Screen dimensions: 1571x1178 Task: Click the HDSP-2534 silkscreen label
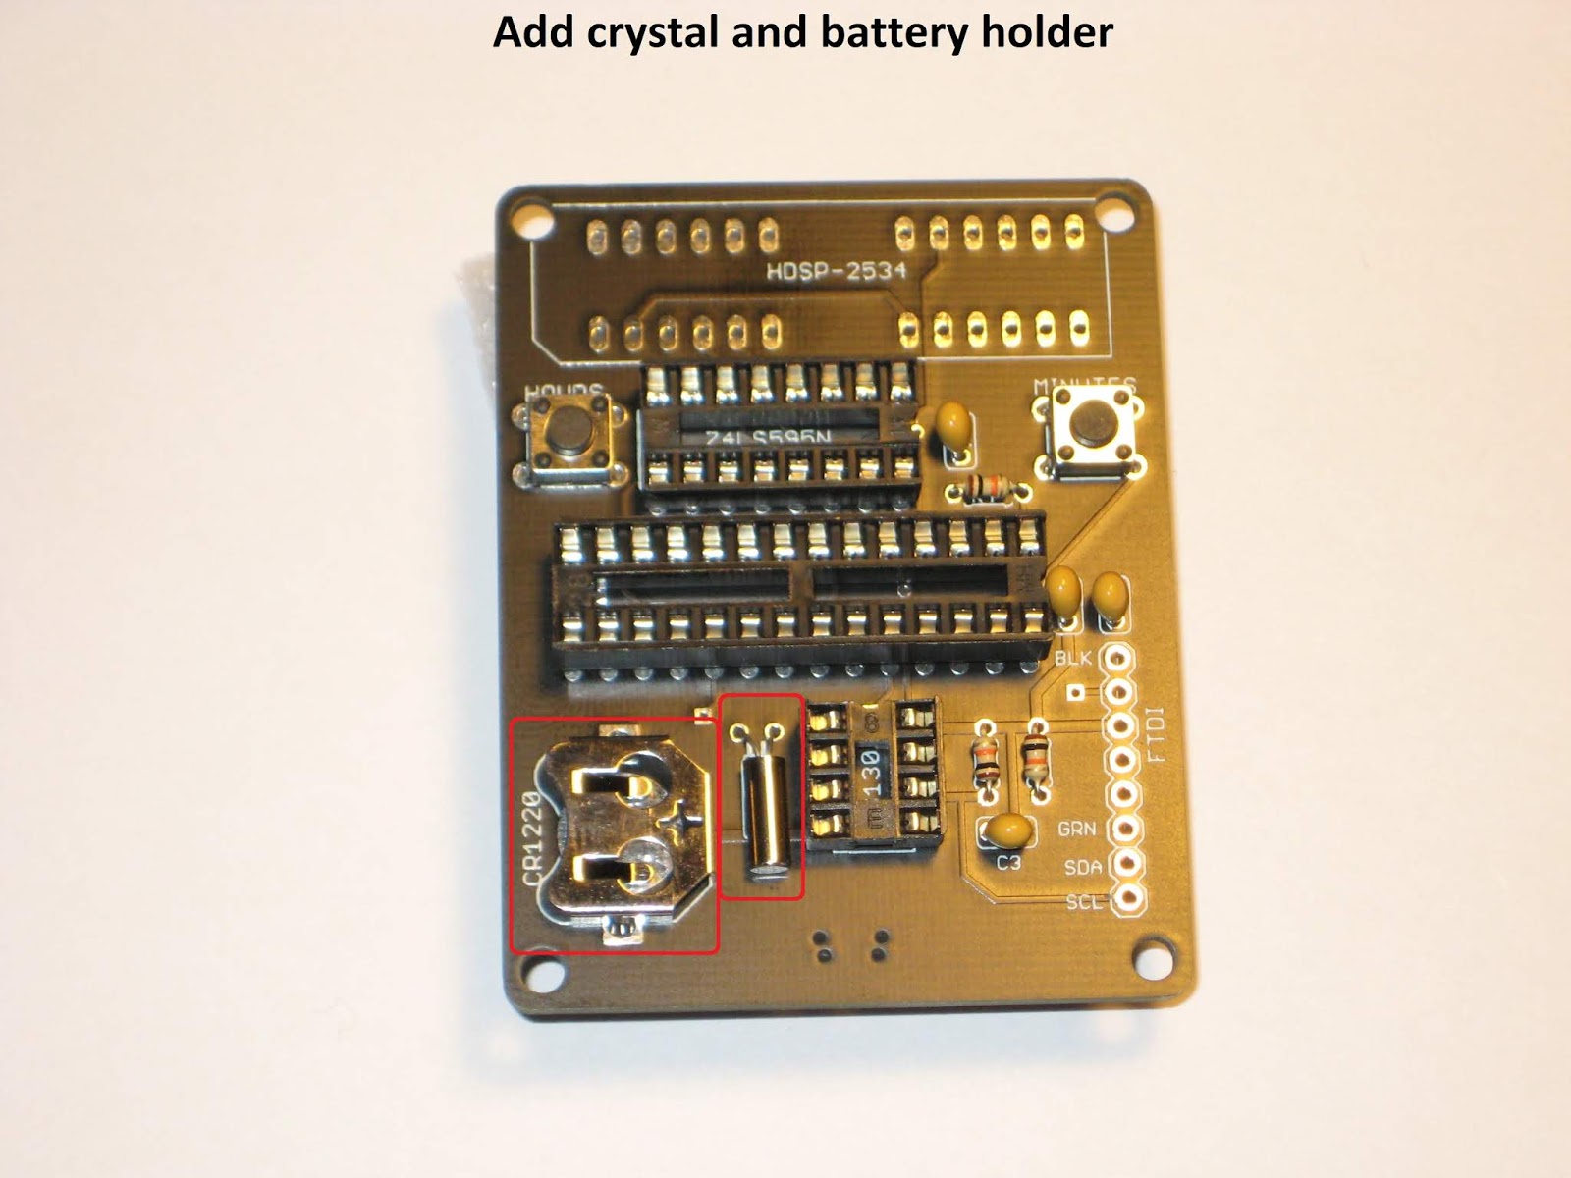pos(836,271)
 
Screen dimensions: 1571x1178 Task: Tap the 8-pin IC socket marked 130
pos(870,776)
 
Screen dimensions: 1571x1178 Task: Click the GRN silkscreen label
pos(1076,830)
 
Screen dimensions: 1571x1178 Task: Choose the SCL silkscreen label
pos(1084,901)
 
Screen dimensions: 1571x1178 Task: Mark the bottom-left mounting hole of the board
pos(539,976)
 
